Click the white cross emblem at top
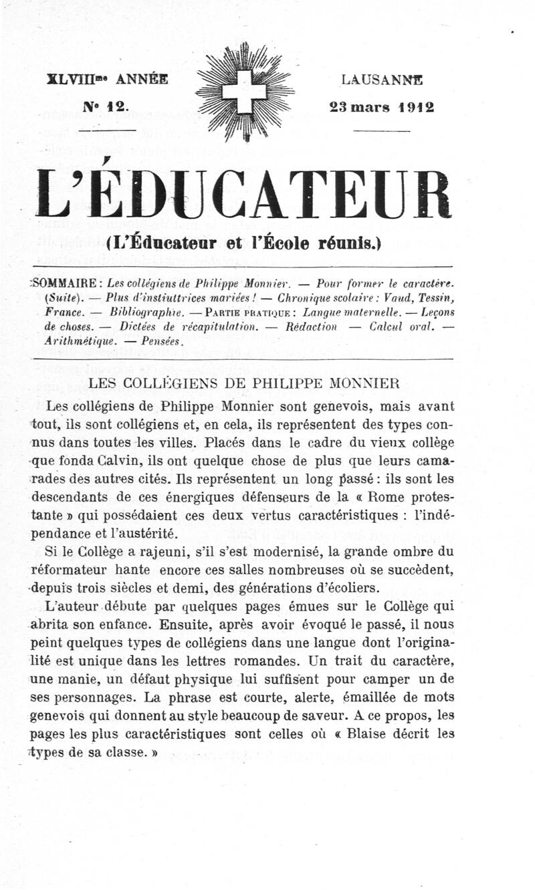(243, 92)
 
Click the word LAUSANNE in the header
(382, 80)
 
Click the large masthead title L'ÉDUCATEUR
(244, 194)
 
